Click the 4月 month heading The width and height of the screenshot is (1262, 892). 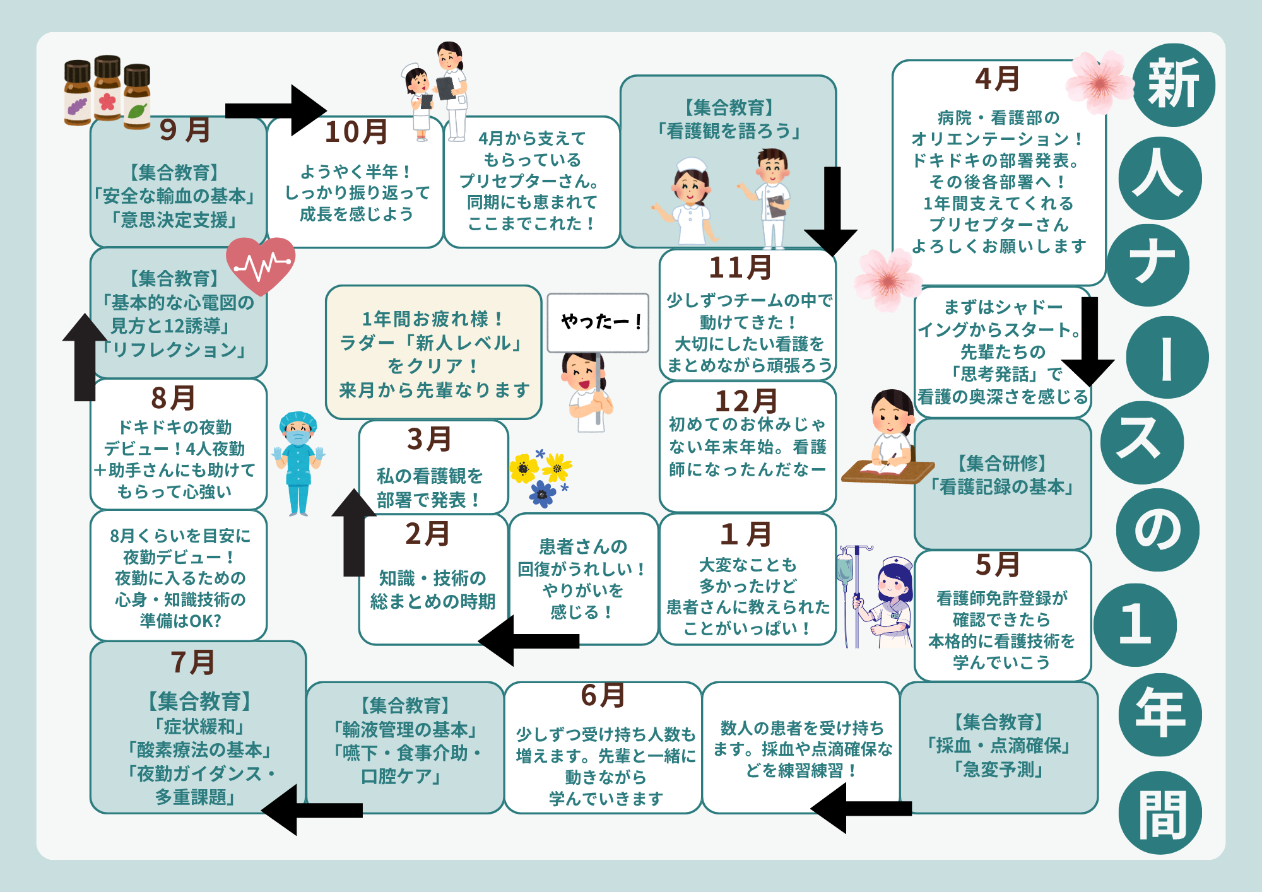[998, 79]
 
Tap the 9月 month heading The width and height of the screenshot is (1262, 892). [184, 130]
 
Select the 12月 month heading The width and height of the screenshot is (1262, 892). [746, 401]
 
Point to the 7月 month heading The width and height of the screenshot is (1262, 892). [193, 662]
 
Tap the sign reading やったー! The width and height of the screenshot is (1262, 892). [598, 322]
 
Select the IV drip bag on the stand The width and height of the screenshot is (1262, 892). [845, 568]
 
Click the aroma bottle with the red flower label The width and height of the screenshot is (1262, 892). [107, 88]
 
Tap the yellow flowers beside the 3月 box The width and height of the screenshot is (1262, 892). [540, 467]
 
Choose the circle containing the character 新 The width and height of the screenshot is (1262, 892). [1173, 85]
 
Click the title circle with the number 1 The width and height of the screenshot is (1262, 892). [1135, 625]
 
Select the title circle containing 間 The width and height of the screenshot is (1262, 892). [1160, 813]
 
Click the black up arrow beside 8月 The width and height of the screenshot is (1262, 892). [85, 357]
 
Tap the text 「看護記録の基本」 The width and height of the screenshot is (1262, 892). [1002, 487]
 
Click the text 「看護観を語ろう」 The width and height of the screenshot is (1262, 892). [728, 131]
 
